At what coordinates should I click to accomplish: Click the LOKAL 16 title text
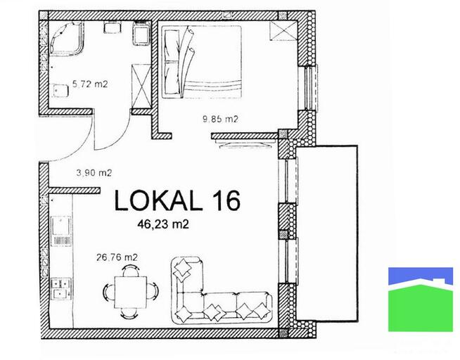[x=177, y=200]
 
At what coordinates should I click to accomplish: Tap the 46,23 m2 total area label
[x=163, y=224]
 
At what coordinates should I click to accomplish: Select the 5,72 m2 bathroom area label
[x=90, y=84]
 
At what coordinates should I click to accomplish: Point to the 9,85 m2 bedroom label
[x=220, y=119]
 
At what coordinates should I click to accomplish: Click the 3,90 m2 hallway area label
[x=94, y=173]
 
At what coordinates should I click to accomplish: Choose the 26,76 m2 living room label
[x=117, y=257]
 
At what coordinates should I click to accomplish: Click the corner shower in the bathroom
[x=66, y=38]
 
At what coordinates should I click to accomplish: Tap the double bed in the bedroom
[x=202, y=62]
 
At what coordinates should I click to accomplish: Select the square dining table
[x=130, y=292]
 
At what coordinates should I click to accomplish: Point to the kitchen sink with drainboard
[x=61, y=231]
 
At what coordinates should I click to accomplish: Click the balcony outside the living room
[x=327, y=233]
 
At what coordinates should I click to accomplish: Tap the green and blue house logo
[x=421, y=300]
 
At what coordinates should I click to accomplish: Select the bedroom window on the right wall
[x=312, y=88]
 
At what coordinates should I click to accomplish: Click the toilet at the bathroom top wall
[x=142, y=33]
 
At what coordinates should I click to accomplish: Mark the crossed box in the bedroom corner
[x=283, y=31]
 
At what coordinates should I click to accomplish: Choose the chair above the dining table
[x=130, y=270]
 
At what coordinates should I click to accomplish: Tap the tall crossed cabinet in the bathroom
[x=141, y=86]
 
